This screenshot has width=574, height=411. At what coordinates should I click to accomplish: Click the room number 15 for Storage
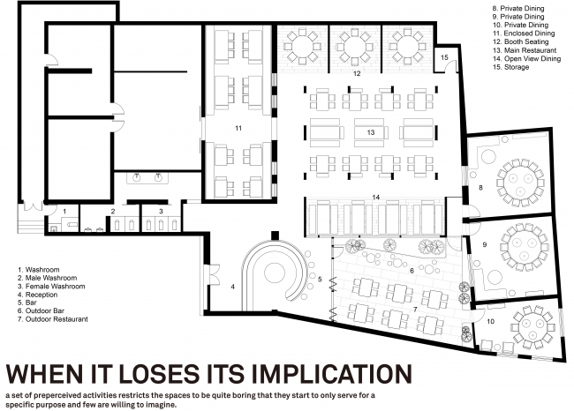coord(444,57)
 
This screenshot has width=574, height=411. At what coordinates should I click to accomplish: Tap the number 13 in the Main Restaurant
coord(371,132)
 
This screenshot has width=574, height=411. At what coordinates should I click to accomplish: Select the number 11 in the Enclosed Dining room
coord(238,129)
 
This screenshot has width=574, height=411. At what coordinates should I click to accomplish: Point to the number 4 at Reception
coord(233,287)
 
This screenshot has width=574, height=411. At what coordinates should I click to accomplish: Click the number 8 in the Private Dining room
coord(480,188)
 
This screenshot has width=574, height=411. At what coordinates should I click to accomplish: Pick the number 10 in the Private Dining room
coord(490,321)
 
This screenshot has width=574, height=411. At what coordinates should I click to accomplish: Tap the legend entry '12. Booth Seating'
coord(520,41)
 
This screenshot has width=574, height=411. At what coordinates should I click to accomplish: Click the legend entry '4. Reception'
coord(38,295)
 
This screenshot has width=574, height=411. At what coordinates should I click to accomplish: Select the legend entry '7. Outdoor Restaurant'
coord(53,319)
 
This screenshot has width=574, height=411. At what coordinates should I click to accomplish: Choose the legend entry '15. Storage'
coord(510,67)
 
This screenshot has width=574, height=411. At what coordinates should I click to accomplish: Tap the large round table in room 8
coord(518,183)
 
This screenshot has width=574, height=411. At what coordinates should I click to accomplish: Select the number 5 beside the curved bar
coord(320,280)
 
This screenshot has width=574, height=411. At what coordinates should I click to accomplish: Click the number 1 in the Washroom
coord(64,212)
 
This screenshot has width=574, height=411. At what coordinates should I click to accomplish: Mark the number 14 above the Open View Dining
coord(376,198)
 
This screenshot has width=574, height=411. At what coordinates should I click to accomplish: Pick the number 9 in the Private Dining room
coord(485,244)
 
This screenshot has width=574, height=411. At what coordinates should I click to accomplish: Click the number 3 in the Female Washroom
coord(161,212)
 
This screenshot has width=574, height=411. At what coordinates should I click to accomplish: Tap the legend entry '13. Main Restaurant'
coord(525,50)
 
